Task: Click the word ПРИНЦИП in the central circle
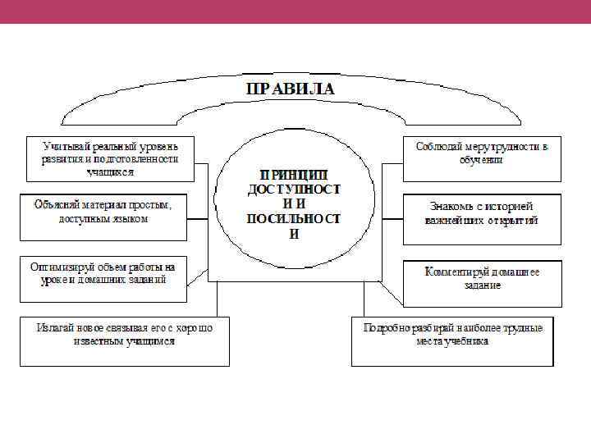click(x=294, y=174)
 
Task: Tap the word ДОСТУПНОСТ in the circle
click(x=294, y=189)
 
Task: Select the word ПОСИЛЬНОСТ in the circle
click(x=294, y=219)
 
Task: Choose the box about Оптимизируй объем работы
click(x=103, y=275)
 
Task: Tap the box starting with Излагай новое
click(x=125, y=340)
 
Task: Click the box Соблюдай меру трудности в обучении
click(x=482, y=158)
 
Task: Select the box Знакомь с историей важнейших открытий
click(x=482, y=217)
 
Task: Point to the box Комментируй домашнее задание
click(x=482, y=283)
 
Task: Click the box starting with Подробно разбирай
click(x=452, y=340)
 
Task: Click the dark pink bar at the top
click(x=295, y=11)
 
